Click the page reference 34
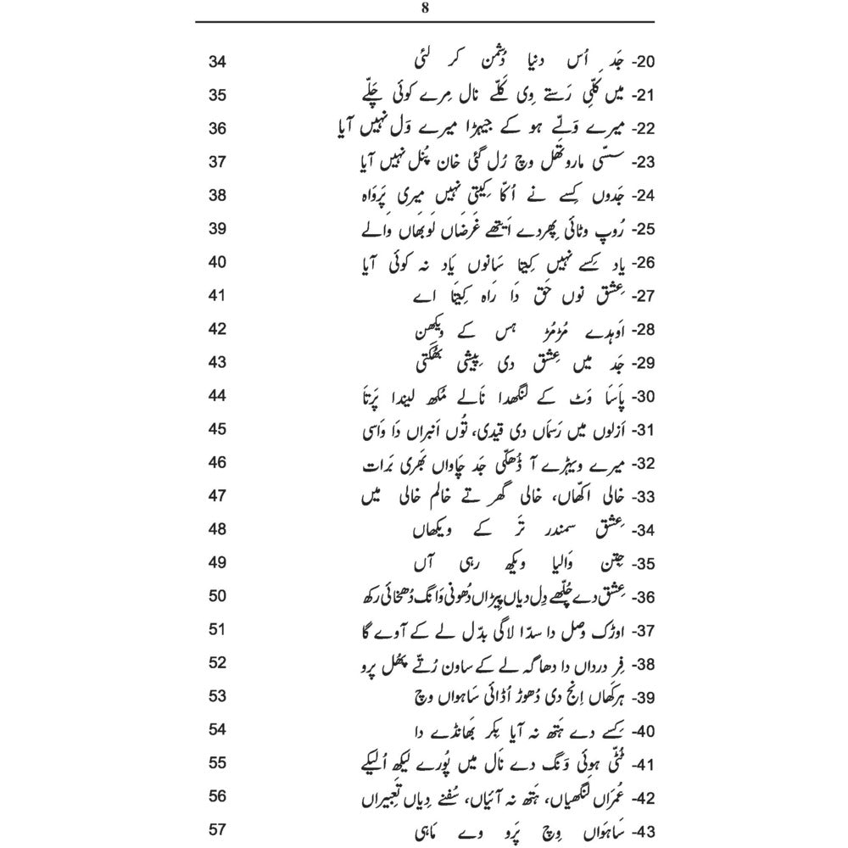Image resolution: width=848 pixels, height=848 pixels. [217, 63]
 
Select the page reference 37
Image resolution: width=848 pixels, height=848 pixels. [217, 160]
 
